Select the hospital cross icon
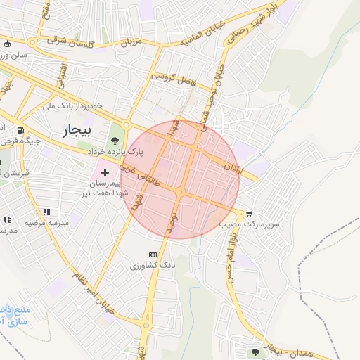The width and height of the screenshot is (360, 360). [x=105, y=172]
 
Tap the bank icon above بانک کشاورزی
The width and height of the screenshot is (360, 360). [x=152, y=254]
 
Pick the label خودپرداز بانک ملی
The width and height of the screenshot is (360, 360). [x=72, y=105]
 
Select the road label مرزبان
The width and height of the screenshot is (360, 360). [x=130, y=42]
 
